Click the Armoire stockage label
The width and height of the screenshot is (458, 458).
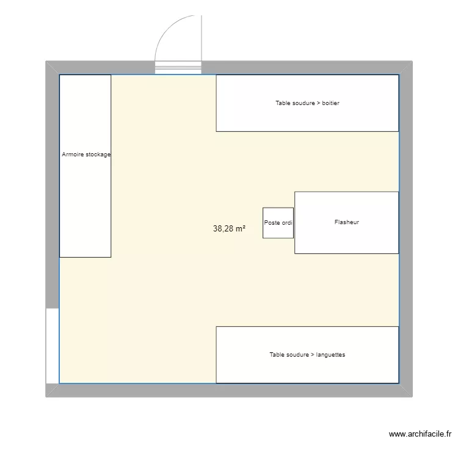[86, 154]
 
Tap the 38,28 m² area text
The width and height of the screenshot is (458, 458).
[229, 228]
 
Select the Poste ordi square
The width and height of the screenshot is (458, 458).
[278, 223]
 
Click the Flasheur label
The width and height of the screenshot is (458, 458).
[347, 222]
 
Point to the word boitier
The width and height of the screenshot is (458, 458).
[330, 103]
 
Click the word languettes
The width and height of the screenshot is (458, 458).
[330, 355]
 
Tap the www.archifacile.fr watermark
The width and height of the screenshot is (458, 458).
[420, 434]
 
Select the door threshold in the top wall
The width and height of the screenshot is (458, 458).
[178, 68]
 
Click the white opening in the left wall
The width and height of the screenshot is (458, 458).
[53, 346]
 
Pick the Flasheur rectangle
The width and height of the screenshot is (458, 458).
[346, 222]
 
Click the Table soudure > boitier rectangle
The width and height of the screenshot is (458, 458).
[307, 103]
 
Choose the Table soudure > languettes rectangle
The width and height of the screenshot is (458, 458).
[307, 355]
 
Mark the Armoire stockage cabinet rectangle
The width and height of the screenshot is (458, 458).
[85, 166]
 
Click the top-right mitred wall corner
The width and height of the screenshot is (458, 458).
[405, 68]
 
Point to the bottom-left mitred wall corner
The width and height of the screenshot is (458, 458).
[53, 390]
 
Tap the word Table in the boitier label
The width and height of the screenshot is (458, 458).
[283, 103]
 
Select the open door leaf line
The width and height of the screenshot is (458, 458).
[202, 38]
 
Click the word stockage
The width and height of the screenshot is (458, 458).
[97, 154]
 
